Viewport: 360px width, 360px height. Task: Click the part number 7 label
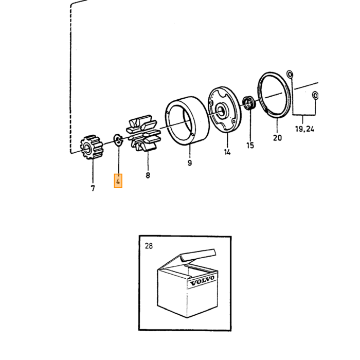(93, 188)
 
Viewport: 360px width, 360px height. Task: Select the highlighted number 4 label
(118, 181)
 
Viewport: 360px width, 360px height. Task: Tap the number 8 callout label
(148, 175)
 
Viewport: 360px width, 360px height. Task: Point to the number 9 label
(190, 163)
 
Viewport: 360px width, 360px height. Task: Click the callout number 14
(227, 152)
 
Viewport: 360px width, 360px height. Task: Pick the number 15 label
(250, 146)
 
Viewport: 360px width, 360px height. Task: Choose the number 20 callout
(277, 138)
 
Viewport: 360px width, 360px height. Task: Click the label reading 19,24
(304, 129)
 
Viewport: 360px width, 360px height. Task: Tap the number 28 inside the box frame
(149, 246)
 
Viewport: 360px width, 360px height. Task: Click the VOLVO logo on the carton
(202, 281)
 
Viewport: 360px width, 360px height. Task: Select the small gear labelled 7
(92, 147)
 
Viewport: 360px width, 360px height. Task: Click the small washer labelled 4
(118, 140)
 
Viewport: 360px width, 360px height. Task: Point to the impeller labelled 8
(144, 133)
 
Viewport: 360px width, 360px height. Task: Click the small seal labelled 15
(248, 103)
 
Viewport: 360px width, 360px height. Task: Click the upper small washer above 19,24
(290, 75)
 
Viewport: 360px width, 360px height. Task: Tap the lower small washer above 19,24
(315, 96)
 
